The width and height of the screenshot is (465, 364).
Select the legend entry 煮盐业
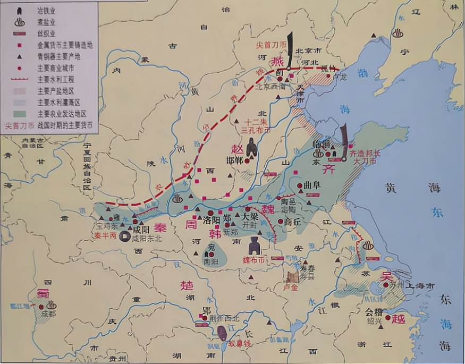[47, 22]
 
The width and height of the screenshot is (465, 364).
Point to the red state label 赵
[236, 149]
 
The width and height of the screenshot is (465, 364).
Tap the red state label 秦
[160, 227]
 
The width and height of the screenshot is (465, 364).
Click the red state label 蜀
[43, 293]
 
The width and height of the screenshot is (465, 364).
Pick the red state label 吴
[386, 277]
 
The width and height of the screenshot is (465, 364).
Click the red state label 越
[399, 319]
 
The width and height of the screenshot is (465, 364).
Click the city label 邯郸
[234, 160]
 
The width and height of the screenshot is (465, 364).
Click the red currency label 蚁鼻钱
[239, 344]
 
